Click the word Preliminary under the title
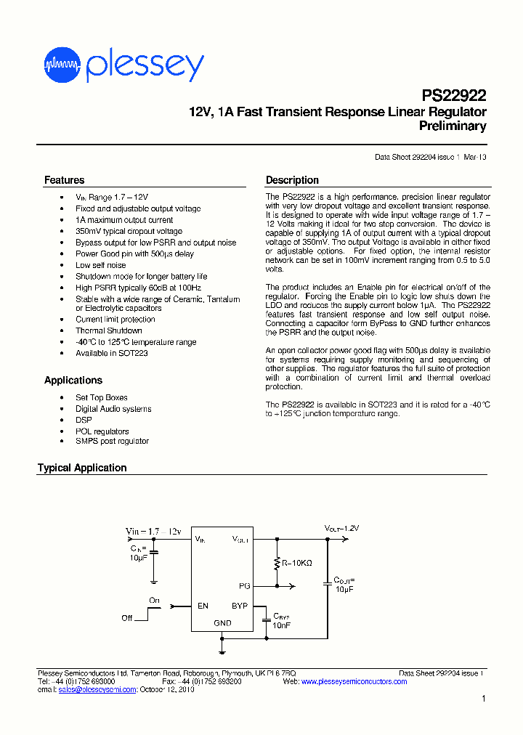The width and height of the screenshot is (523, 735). tap(453, 126)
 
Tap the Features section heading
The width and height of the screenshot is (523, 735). tap(64, 180)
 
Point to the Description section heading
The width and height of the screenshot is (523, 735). tap(292, 180)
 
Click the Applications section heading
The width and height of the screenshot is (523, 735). tap(73, 380)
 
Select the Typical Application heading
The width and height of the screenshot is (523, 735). tap(82, 468)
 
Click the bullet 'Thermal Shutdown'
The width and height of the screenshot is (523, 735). tap(109, 330)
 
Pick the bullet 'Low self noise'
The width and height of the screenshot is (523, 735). tap(101, 265)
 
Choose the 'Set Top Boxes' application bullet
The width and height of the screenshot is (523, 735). tap(102, 397)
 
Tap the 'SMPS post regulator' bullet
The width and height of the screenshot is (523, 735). tap(112, 441)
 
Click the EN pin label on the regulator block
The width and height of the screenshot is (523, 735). tap(203, 605)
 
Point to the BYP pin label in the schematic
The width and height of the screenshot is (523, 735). tap(240, 605)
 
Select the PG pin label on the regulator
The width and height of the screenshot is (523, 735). tap(245, 585)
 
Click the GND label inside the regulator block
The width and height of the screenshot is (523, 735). tap(222, 623)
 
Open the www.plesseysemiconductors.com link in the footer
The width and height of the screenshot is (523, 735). tap(354, 681)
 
